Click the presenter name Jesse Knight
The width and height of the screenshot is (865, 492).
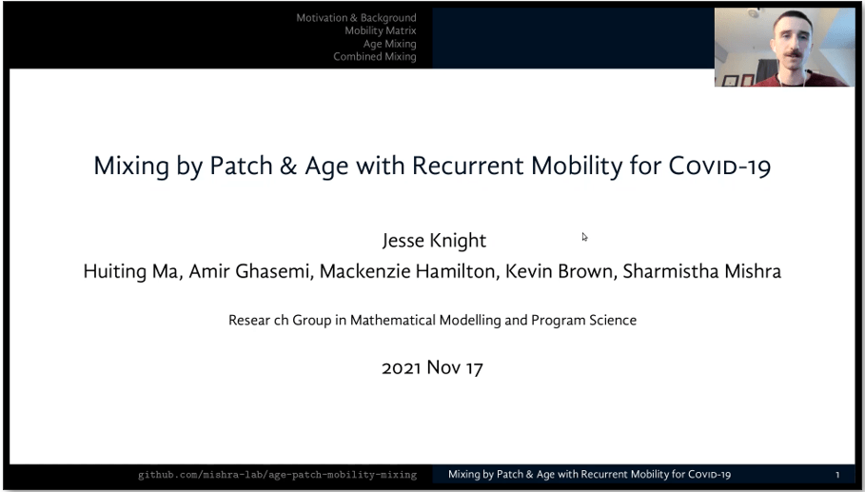coord(434,241)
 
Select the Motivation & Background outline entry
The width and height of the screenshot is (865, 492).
coord(356,18)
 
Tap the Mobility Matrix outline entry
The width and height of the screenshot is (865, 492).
coord(381,30)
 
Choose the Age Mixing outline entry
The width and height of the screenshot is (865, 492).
coord(389,44)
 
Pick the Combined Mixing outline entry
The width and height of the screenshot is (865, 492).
coord(375,56)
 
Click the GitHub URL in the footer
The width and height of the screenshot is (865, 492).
coord(278,475)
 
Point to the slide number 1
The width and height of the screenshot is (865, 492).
coord(837,474)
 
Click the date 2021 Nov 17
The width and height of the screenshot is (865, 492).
coord(432,368)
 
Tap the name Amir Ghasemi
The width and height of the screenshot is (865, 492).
coord(251,271)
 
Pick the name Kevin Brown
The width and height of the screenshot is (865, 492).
coord(560,271)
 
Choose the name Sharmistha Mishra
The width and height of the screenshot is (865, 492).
coord(701,271)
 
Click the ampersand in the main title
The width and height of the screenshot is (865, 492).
coord(288,166)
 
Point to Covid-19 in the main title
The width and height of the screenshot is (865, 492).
coord(719,166)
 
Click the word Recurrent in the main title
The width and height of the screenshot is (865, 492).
coord(467,166)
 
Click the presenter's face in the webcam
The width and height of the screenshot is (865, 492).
coord(792,43)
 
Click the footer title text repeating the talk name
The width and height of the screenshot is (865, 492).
coord(589,474)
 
